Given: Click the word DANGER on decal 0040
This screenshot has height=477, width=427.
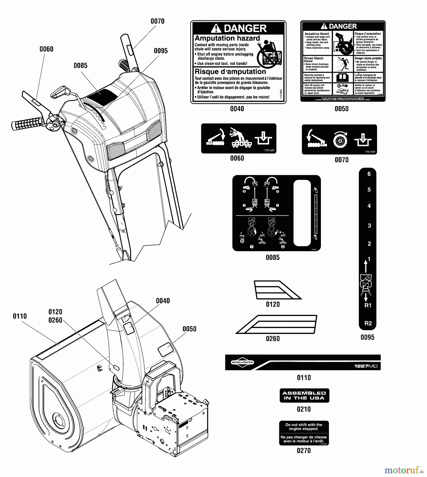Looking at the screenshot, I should pyautogui.click(x=245, y=28).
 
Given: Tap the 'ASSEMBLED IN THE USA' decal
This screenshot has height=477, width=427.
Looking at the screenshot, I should pyautogui.click(x=304, y=395).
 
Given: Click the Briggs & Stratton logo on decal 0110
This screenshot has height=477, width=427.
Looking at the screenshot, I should pyautogui.click(x=242, y=362).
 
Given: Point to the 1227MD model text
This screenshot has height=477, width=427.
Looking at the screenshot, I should pyautogui.click(x=366, y=366).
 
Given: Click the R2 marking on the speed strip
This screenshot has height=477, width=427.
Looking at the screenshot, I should pyautogui.click(x=368, y=323).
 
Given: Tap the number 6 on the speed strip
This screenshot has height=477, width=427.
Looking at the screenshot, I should pyautogui.click(x=369, y=174).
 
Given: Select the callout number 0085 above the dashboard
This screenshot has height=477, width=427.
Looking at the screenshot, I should pyautogui.click(x=80, y=65).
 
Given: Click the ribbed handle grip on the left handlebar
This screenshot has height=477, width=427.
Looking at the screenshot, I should pyautogui.click(x=27, y=123).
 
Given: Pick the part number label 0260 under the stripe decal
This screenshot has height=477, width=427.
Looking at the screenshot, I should pyautogui.click(x=273, y=338).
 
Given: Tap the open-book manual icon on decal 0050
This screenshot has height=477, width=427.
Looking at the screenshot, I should pyautogui.click(x=343, y=78).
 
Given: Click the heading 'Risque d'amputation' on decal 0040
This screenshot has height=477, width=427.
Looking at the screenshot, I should pyautogui.click(x=230, y=72).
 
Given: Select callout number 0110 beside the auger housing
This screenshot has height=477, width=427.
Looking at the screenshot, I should pyautogui.click(x=20, y=316).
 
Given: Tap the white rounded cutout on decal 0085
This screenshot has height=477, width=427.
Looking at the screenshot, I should pyautogui.click(x=302, y=213).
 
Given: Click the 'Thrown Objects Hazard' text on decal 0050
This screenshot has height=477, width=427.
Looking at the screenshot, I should pyautogui.click(x=313, y=60).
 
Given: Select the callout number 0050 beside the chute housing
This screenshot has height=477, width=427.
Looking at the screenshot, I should pyautogui.click(x=189, y=329).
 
